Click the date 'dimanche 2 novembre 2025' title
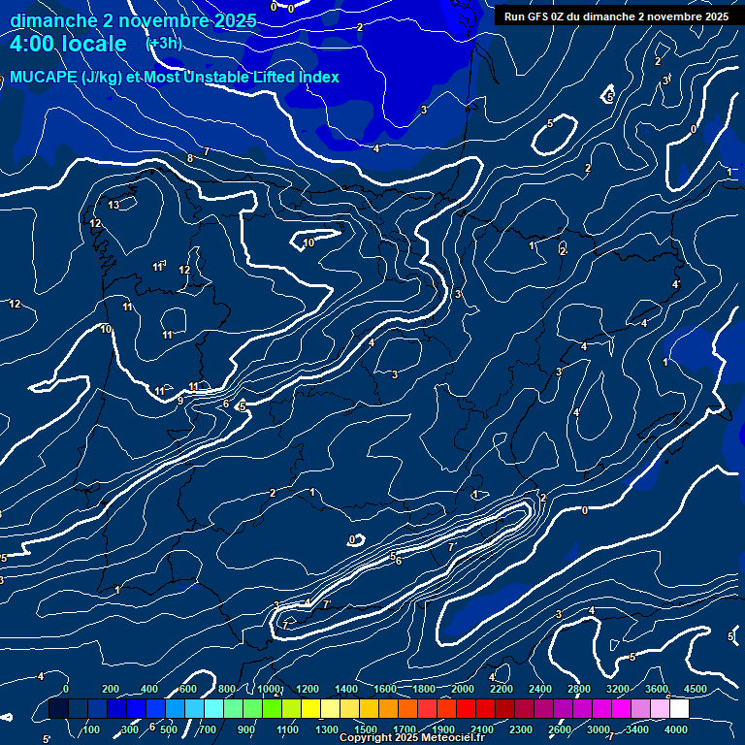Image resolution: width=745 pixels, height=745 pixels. tap(133, 20)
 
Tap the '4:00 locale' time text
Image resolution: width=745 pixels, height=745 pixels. tap(68, 44)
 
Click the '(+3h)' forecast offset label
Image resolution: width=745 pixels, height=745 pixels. tap(164, 44)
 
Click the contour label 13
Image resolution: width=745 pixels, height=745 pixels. tap(113, 205)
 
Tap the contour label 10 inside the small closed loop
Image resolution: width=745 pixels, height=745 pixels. tap(308, 243)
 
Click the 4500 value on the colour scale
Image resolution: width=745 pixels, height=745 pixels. tap(695, 689)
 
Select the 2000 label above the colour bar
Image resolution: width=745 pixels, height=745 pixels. tap(463, 689)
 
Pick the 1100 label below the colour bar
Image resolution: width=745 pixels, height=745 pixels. tap(287, 729)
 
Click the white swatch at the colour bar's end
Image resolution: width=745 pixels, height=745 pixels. tap(679, 709)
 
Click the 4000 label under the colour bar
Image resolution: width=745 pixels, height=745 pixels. tap(676, 729)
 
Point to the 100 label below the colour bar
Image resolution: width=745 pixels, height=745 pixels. tap(93, 729)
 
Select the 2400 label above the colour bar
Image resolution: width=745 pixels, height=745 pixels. tap(540, 689)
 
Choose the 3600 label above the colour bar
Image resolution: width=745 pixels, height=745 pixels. tap(657, 689)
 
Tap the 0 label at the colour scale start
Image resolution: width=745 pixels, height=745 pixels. tap(65, 689)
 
